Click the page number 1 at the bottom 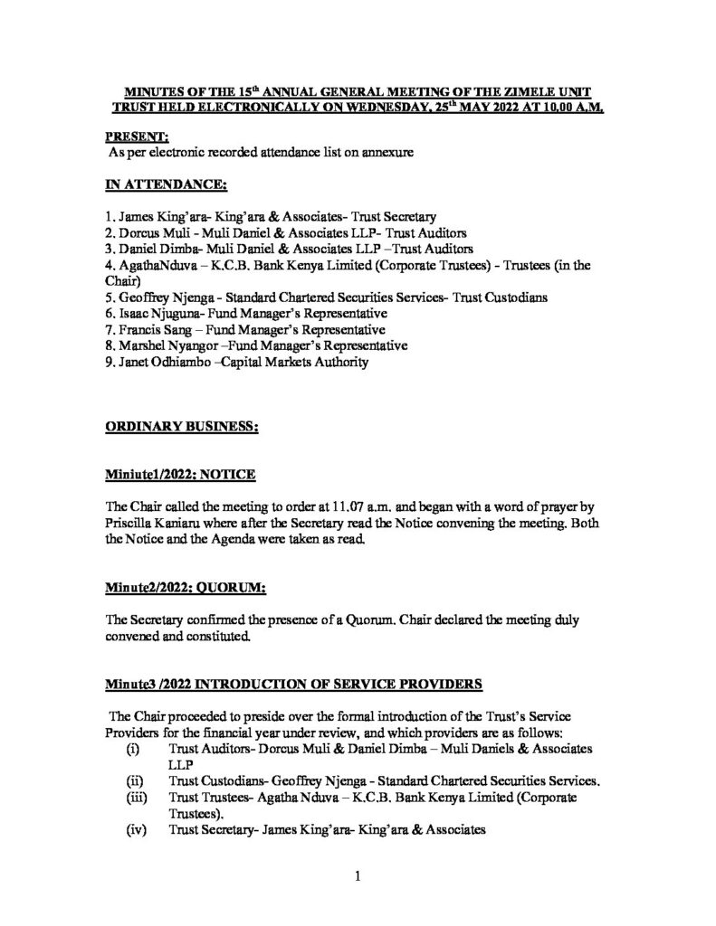358,875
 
